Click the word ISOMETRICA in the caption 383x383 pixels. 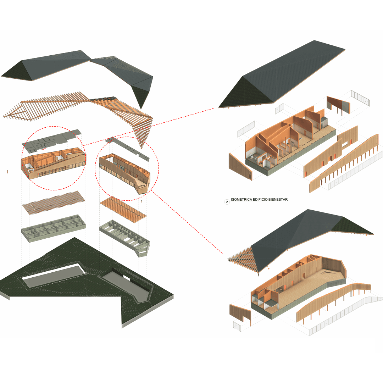[x=242, y=200]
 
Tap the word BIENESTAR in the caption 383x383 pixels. [x=278, y=200]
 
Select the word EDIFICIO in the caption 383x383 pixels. [x=260, y=200]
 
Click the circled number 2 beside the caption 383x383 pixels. [x=227, y=202]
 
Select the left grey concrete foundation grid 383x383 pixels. [x=54, y=228]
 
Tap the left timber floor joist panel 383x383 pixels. [x=54, y=203]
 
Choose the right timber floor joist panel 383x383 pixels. [x=123, y=209]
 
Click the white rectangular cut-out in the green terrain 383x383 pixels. [x=54, y=275]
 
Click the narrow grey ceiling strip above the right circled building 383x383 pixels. [x=127, y=149]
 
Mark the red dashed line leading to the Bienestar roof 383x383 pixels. [x=149, y=127]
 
